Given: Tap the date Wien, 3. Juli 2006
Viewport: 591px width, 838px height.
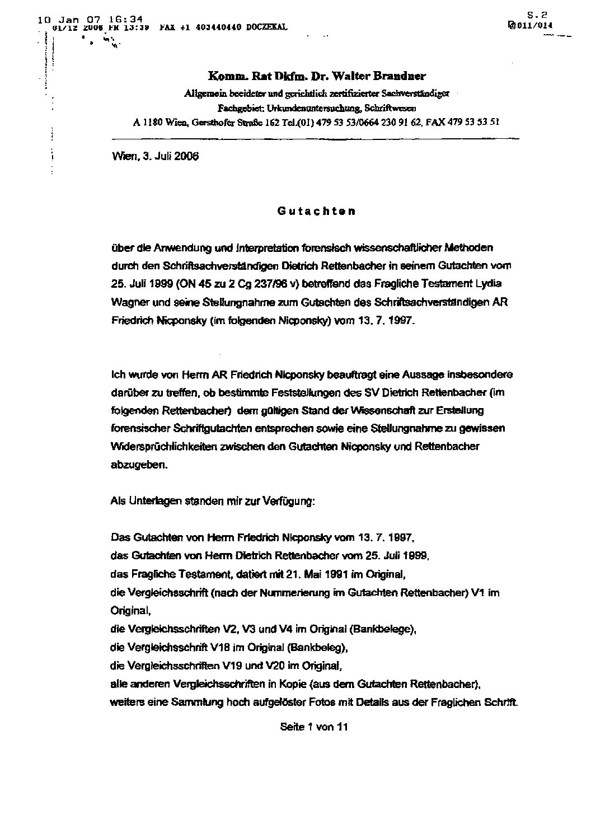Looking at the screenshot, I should point(156,156).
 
